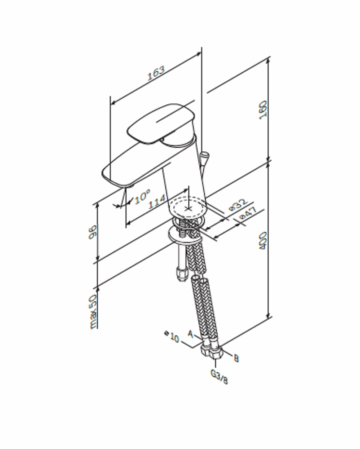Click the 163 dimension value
tap(157, 74)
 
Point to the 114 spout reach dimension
tap(158, 200)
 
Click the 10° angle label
tap(142, 197)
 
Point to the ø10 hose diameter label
tap(172, 336)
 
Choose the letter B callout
tap(236, 358)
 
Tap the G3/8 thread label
tap(219, 377)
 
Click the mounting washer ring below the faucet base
tap(181, 234)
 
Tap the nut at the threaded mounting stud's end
tap(182, 273)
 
